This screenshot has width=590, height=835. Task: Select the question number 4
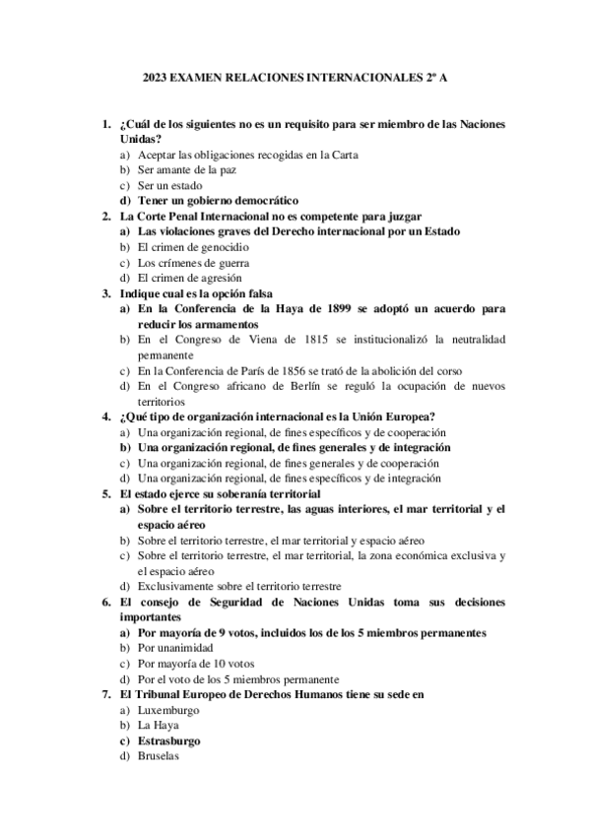coord(106,417)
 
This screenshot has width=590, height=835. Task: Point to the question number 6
coord(106,601)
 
